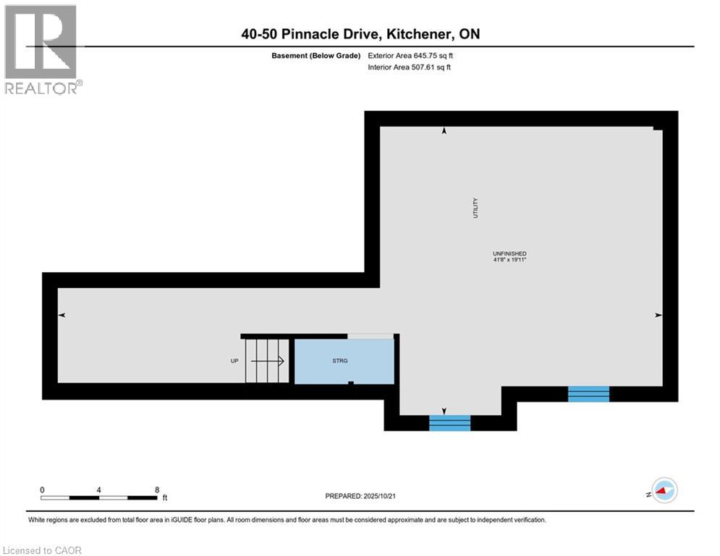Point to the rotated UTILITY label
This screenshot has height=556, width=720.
(475, 209)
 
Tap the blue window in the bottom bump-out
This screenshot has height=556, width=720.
(450, 423)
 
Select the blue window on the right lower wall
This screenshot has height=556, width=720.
(588, 394)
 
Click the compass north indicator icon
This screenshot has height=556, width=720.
(664, 490)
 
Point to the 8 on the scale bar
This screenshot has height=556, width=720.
(157, 489)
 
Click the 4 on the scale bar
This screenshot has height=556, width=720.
(99, 489)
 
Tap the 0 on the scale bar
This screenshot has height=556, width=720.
(43, 489)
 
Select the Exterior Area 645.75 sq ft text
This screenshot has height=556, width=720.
(410, 55)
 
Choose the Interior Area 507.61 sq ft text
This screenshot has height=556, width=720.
(410, 67)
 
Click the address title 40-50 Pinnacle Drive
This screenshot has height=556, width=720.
(360, 34)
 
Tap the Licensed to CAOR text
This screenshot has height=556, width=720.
(43, 550)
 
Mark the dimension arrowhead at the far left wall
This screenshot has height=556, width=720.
(62, 315)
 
